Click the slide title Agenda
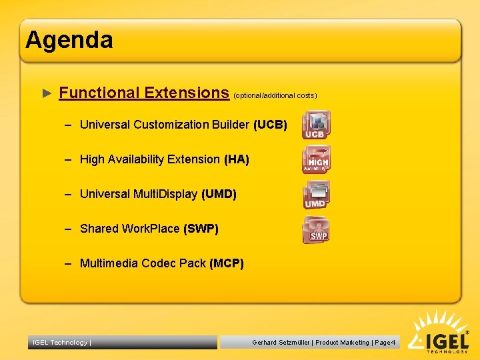[x=69, y=40]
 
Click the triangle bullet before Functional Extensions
[x=47, y=93]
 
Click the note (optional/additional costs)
[x=275, y=95]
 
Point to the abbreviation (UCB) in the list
[x=270, y=125]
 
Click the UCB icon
[x=315, y=125]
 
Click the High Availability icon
[x=316, y=160]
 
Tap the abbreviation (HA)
[x=236, y=159]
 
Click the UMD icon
[x=315, y=195]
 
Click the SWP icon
[x=317, y=230]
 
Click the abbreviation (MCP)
[x=227, y=263]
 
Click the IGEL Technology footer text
[x=61, y=343]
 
